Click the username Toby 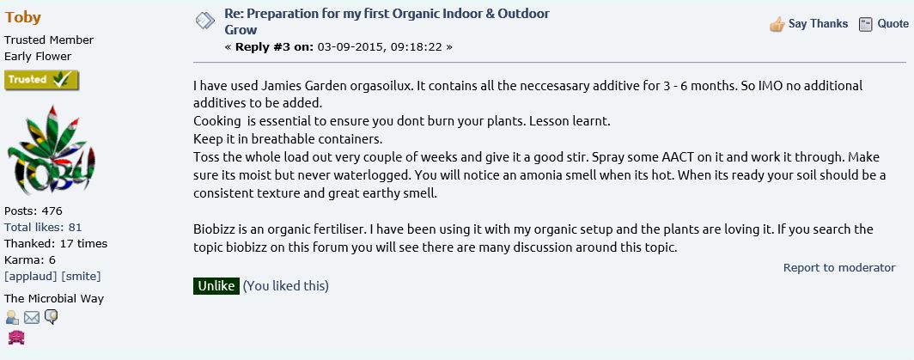pos(22,17)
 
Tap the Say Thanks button pos(808,24)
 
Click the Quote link pos(884,24)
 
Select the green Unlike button pos(216,286)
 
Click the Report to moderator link pos(838,268)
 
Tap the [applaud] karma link pos(30,276)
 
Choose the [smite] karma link pos(81,276)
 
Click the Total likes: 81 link pos(43,227)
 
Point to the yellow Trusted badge pos(41,80)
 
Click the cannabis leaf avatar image pos(52,150)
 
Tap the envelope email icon pos(32,317)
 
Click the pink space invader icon pos(15,338)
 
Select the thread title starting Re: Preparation pos(387,21)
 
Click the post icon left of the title pos(205,21)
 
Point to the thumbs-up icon pos(777,25)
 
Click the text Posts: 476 pos(34,211)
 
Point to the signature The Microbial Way pos(53,299)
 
